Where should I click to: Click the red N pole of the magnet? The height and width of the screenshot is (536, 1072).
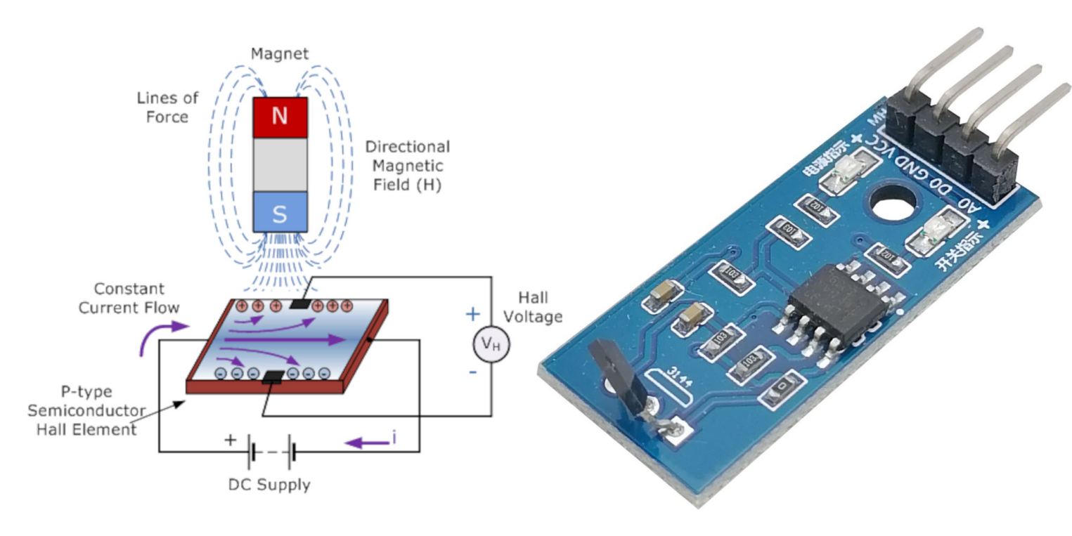click(280, 117)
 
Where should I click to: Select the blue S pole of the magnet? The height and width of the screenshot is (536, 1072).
click(280, 213)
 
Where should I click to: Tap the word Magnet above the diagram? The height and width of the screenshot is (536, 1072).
click(280, 53)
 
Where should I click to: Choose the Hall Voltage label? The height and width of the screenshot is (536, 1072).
click(539, 306)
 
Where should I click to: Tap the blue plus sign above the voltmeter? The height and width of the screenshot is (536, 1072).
click(472, 314)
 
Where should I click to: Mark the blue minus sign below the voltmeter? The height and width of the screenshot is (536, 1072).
click(472, 372)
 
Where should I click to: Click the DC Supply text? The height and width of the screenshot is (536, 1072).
click(269, 485)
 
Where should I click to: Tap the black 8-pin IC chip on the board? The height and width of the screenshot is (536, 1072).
click(837, 302)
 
